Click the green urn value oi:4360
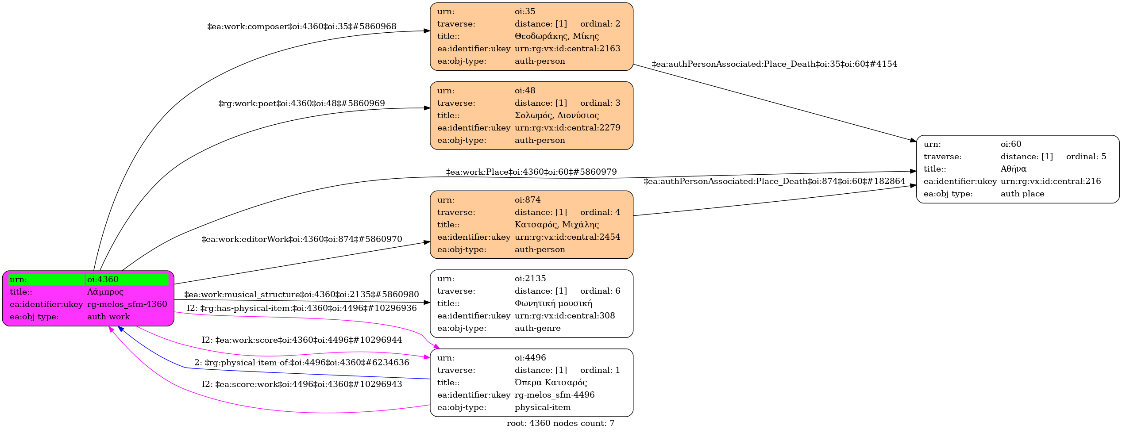pos(103,280)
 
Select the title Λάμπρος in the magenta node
pos(105,292)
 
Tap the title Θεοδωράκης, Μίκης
pos(556,36)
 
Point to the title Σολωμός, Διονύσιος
pos(556,115)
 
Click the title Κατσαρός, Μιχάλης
pos(556,225)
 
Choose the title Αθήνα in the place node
pos(1013,169)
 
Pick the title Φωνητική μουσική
pos(553,303)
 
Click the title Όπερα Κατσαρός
pos(551,383)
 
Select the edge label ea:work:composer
pos(302,27)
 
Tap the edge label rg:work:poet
pos(302,103)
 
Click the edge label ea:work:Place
pos(531,172)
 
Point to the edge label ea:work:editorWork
pos(302,239)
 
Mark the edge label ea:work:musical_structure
pos(302,295)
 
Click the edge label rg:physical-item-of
pos(302,363)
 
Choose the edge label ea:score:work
pos(302,384)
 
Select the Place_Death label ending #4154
pos(774,64)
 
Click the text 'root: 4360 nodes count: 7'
pos(560,423)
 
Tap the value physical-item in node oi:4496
pos(543,407)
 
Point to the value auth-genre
pos(537,328)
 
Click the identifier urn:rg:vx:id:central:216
pos(1050,181)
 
